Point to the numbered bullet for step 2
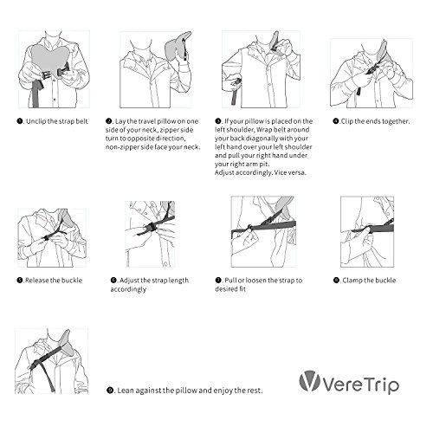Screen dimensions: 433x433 [x=109, y=121]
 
